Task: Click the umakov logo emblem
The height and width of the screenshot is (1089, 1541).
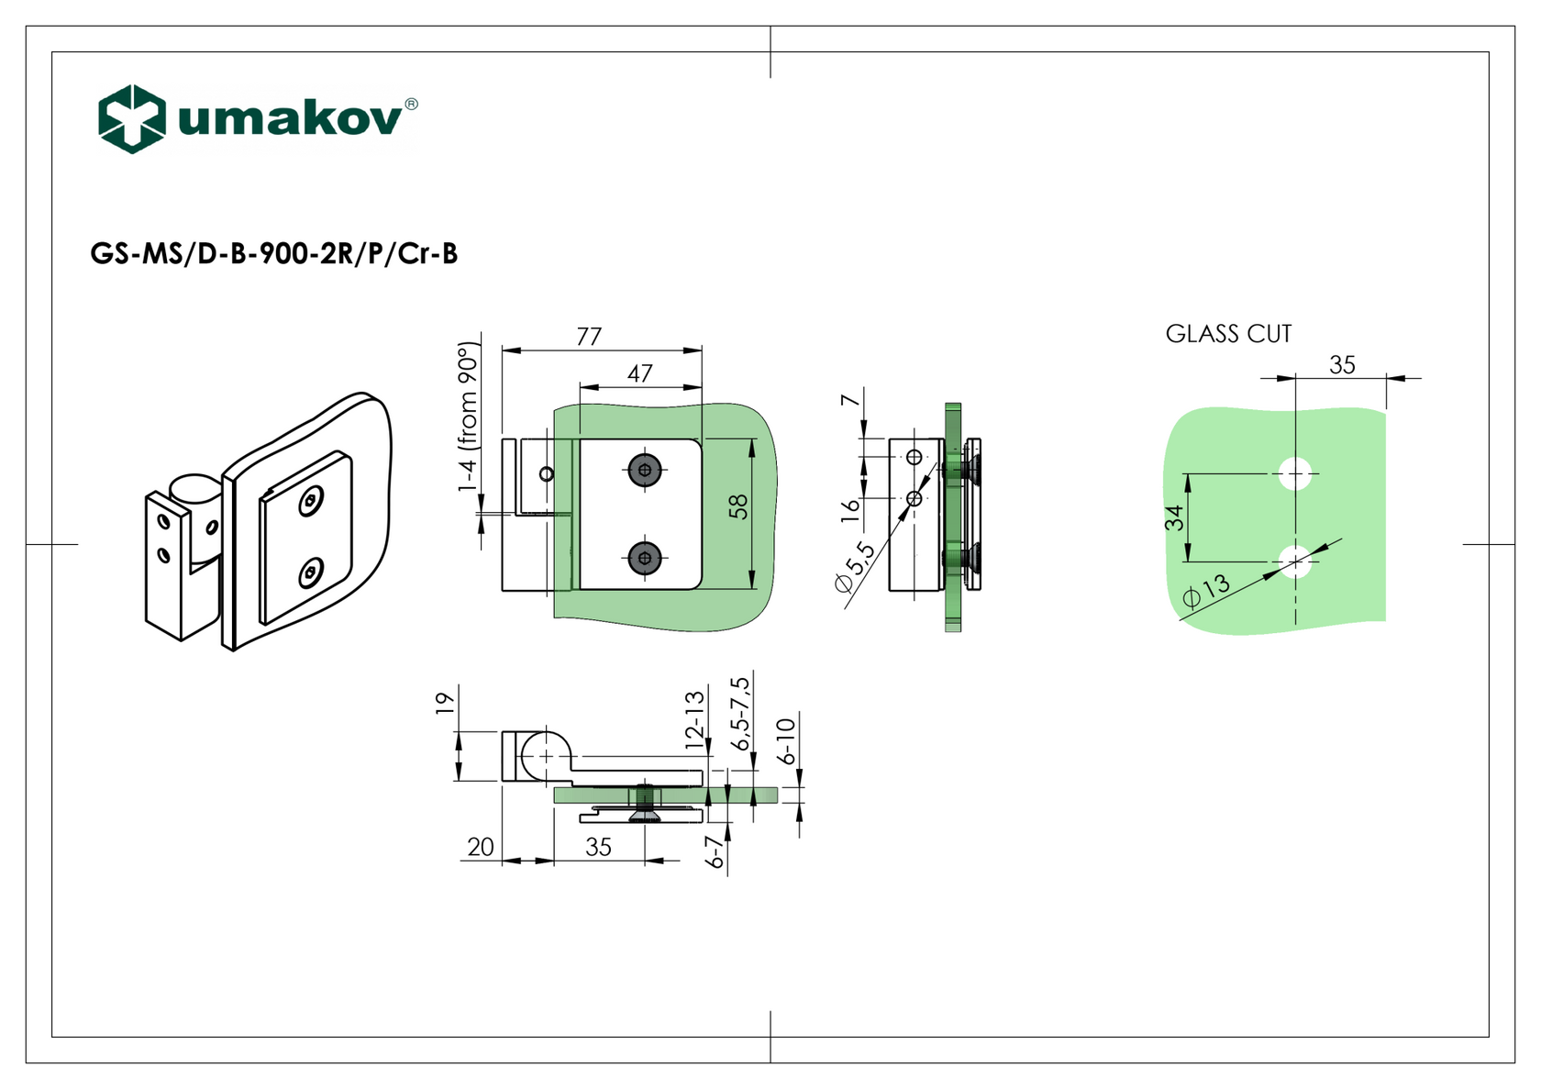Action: (x=132, y=118)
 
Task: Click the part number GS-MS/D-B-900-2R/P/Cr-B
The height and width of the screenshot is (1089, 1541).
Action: (x=273, y=254)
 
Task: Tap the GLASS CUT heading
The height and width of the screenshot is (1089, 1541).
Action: (x=1228, y=334)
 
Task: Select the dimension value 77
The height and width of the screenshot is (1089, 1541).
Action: (x=589, y=337)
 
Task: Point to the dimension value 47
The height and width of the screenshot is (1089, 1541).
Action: (x=639, y=373)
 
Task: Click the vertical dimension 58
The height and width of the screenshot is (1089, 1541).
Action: (x=738, y=506)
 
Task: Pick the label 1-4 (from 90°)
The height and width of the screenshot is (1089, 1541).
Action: (x=468, y=417)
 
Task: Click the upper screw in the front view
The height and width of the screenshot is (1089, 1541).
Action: (x=645, y=470)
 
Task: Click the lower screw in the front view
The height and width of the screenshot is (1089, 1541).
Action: (x=645, y=557)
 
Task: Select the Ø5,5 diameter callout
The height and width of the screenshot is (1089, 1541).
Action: (x=854, y=569)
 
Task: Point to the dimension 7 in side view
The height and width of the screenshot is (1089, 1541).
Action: (x=850, y=400)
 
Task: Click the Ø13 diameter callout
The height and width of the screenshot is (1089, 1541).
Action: (x=1205, y=592)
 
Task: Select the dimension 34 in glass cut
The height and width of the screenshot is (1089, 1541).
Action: (x=1174, y=518)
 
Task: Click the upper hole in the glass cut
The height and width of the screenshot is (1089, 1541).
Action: (x=1294, y=473)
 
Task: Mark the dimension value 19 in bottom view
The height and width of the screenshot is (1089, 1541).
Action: (x=445, y=704)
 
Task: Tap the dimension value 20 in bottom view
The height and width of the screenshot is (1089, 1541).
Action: (x=481, y=847)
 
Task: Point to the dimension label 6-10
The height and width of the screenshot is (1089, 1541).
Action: (x=786, y=741)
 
